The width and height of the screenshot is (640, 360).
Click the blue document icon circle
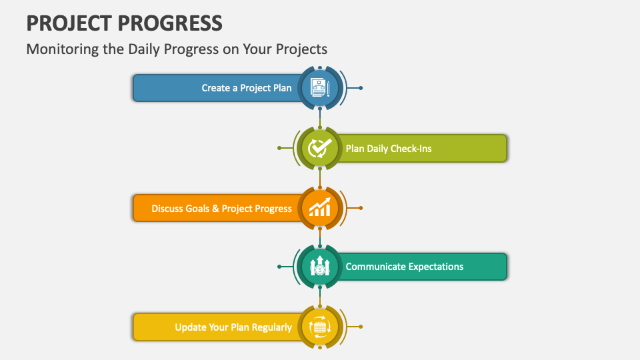click(x=320, y=88)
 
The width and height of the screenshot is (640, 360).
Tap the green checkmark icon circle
click(x=320, y=148)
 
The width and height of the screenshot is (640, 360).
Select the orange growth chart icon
click(x=320, y=208)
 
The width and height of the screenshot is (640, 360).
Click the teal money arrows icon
click(x=320, y=267)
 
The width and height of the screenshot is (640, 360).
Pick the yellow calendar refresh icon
click(x=320, y=327)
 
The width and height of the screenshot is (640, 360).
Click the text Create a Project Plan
click(x=247, y=88)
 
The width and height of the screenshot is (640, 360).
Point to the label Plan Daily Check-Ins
click(x=389, y=148)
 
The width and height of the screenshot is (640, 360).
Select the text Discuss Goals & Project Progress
click(x=221, y=209)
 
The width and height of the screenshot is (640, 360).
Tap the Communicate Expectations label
click(x=404, y=267)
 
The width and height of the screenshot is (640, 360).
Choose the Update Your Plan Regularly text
click(x=233, y=327)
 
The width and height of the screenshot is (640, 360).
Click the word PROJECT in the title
click(x=64, y=23)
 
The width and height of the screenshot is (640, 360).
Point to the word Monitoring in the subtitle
click(x=59, y=49)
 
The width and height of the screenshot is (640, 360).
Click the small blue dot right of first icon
click(x=361, y=88)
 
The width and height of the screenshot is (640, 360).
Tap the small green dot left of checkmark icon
click(x=279, y=148)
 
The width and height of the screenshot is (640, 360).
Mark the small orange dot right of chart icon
click(x=361, y=208)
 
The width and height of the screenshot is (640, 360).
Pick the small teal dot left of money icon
click(x=279, y=267)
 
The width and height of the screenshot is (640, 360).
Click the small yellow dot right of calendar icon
click(x=361, y=327)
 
